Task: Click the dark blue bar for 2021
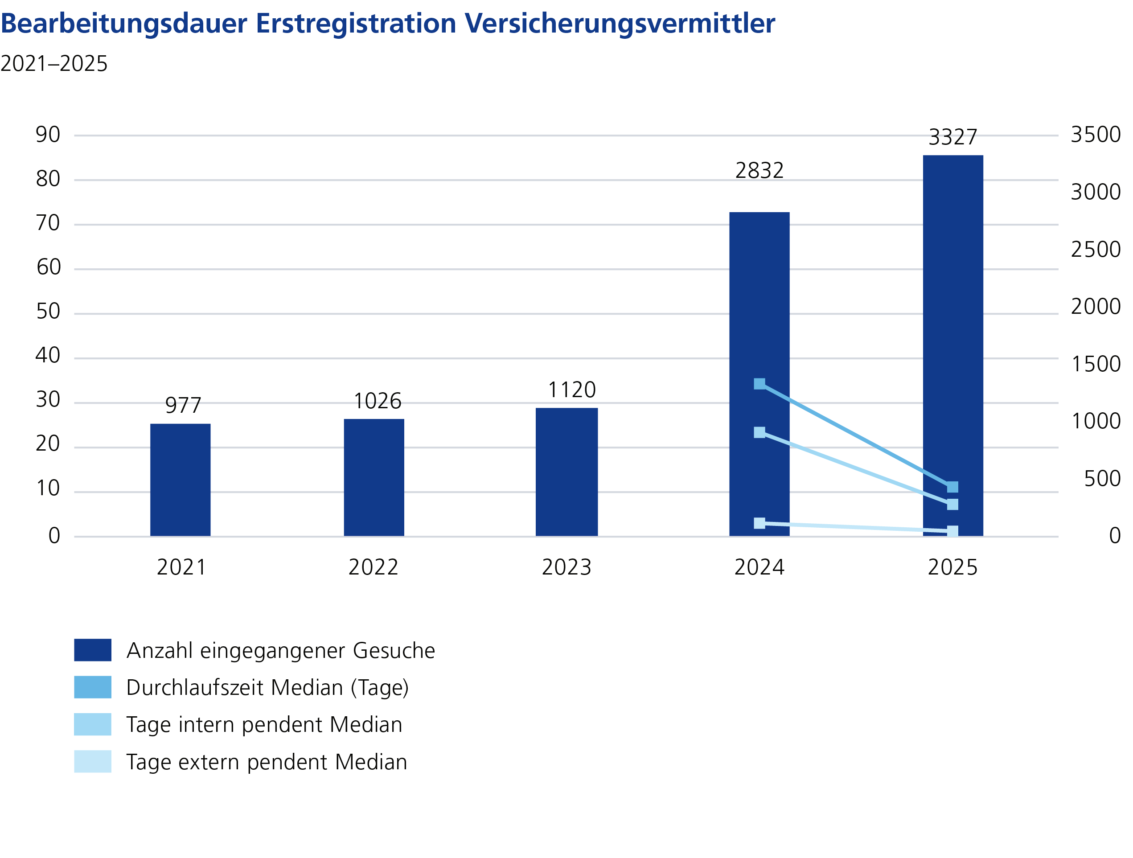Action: click(181, 480)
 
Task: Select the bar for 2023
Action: click(566, 472)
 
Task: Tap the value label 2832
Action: click(759, 171)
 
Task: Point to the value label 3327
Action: click(952, 137)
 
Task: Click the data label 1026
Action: click(378, 401)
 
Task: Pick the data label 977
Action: click(183, 405)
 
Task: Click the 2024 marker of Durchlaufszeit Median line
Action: click(759, 384)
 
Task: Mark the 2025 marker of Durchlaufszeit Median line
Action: click(952, 487)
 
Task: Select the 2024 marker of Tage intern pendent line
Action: click(759, 432)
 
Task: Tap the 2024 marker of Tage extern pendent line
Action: click(759, 523)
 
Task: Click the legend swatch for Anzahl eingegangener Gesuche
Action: click(93, 650)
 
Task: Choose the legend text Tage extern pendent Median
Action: click(267, 762)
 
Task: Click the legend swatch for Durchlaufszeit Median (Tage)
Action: click(93, 687)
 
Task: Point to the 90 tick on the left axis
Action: click(48, 135)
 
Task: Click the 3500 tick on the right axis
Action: click(1096, 135)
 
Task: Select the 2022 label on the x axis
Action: click(374, 567)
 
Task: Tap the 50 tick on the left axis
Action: click(48, 312)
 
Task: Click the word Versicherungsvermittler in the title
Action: click(620, 23)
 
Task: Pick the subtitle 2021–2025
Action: click(54, 64)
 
